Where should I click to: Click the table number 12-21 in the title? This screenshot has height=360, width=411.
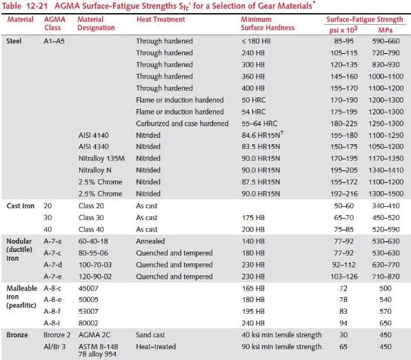point(37,6)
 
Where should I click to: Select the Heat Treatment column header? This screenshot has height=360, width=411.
point(161,19)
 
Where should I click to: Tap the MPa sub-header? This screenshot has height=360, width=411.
point(385,30)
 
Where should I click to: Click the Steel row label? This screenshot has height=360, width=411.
point(14,41)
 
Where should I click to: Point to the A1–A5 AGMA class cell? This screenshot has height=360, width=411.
point(54,41)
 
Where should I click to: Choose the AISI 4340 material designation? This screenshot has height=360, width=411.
point(94,147)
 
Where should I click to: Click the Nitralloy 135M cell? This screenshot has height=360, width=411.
point(101,159)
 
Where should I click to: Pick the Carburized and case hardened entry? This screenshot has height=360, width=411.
point(182,123)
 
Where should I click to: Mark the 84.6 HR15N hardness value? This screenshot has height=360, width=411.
point(262,134)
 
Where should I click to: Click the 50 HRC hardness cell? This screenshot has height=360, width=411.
point(254,100)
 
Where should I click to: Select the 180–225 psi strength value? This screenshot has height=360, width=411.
point(344,123)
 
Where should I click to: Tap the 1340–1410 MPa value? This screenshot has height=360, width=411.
point(386,170)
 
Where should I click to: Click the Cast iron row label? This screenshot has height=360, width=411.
point(21,206)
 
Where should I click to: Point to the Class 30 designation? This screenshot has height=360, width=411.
point(91,218)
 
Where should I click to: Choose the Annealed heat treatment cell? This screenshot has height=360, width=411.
point(150,241)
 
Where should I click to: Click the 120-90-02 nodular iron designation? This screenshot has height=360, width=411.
point(95,277)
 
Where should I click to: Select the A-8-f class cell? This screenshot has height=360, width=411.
point(52,312)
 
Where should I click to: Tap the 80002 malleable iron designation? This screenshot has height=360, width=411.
point(88,323)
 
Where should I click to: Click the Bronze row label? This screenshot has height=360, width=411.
point(17,335)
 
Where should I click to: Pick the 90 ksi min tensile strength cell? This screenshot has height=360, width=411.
point(281,347)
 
